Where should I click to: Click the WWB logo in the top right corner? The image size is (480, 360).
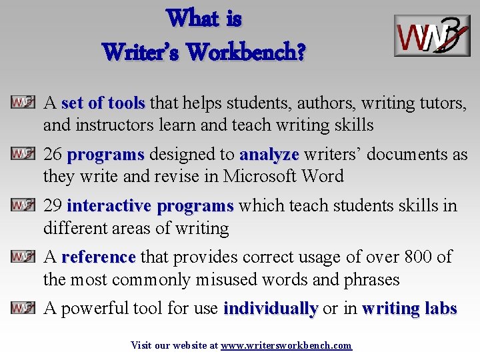pos(431,35)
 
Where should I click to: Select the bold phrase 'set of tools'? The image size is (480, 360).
pos(103,103)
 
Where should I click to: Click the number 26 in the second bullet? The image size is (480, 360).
pos(53,155)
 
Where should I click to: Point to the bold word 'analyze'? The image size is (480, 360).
pos(269,155)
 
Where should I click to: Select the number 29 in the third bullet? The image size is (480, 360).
pos(53,206)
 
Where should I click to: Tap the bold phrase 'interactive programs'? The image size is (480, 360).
pos(150,206)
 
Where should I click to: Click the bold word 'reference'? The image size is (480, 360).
pos(99,257)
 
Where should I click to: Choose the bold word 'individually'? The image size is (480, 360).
pos(271,309)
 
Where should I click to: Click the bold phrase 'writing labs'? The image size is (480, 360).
pos(409,309)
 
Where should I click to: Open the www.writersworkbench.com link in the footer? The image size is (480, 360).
pos(286,345)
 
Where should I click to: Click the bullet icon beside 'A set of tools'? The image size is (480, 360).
pos(23,103)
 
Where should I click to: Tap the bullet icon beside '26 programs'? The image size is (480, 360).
pos(23,154)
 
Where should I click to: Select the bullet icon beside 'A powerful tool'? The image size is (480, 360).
pos(23,308)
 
